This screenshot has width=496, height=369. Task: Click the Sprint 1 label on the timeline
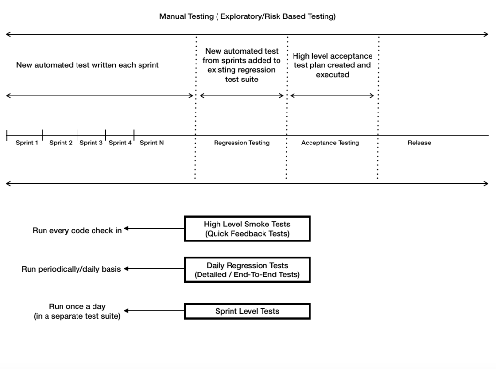27,143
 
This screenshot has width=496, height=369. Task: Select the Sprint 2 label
61,143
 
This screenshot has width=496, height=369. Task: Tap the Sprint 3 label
91,143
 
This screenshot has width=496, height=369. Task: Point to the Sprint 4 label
120,143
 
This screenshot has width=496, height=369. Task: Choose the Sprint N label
152,143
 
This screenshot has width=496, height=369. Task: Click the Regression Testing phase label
242,143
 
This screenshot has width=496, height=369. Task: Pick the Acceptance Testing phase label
330,143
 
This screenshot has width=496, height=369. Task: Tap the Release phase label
419,143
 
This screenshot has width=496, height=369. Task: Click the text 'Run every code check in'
77,231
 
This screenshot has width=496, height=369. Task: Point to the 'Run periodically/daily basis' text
71,269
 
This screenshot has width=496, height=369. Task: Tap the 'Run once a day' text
77,306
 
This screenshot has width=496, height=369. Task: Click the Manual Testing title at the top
248,16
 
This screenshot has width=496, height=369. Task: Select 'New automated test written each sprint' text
88,65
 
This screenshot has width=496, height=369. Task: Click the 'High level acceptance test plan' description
332,65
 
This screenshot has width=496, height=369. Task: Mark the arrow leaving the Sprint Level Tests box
154,311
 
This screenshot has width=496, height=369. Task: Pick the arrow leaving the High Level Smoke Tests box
154,228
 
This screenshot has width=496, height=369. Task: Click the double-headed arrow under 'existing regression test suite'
242,96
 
